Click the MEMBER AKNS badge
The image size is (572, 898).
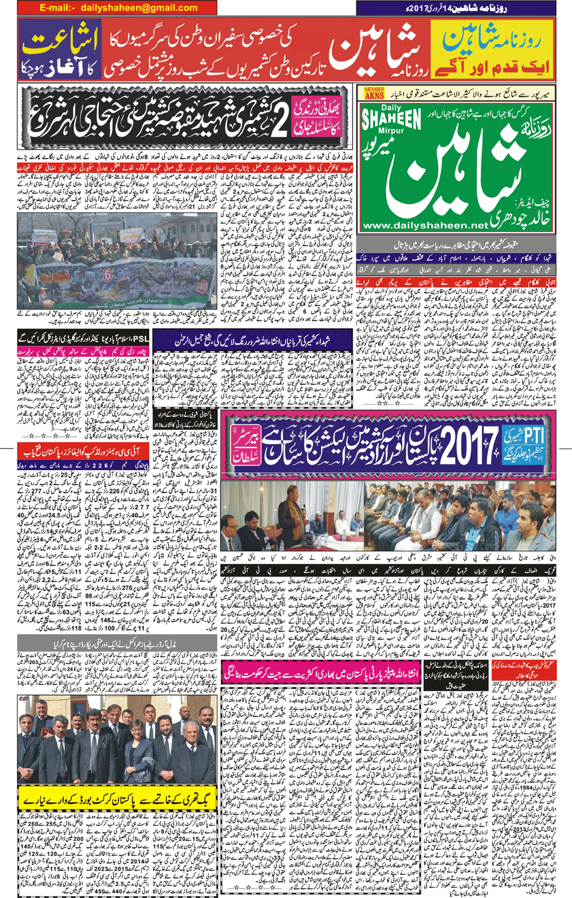click(374, 93)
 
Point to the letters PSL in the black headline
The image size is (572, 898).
click(140, 339)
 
